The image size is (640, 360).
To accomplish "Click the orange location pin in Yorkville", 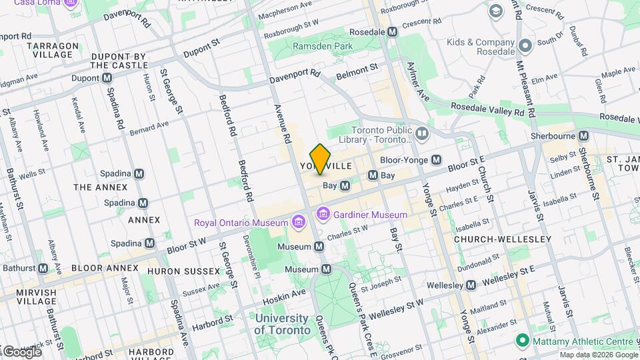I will [x=321, y=159].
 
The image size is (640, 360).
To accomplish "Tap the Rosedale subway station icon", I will [x=393, y=31].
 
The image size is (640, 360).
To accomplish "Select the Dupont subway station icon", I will [x=107, y=78].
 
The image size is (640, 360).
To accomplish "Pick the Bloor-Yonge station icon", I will [x=437, y=160].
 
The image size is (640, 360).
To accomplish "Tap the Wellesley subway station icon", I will [x=471, y=285].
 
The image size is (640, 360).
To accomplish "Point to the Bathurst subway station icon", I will [x=43, y=268].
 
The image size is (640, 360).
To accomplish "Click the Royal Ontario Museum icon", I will [x=298, y=221].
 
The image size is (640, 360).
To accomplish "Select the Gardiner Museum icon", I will [x=323, y=214].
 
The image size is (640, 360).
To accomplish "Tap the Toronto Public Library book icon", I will [x=421, y=135].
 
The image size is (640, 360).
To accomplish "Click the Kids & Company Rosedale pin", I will [x=525, y=46].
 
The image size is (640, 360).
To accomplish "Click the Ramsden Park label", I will [x=323, y=46].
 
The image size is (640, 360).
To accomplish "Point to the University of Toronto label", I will [x=282, y=324].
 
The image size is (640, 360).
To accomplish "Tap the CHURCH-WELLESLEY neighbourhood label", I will [x=502, y=239].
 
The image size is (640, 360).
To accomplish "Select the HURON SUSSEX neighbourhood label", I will [x=183, y=271].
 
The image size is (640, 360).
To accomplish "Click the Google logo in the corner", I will [x=21, y=351].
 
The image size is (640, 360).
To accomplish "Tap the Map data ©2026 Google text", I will [x=598, y=355].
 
